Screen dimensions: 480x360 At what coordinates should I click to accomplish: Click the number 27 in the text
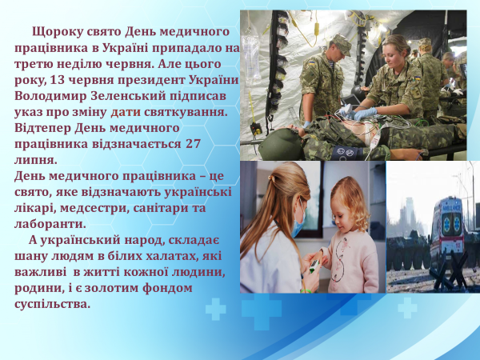click(x=193, y=143)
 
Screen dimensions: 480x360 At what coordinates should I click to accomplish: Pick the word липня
click(x=36, y=160)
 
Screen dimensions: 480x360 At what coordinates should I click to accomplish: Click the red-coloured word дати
click(x=126, y=112)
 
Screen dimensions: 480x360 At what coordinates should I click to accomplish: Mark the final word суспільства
click(x=53, y=304)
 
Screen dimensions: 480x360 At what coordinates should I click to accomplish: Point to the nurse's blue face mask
click(x=298, y=218)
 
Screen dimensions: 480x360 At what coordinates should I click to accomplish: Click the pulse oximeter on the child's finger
click(x=313, y=266)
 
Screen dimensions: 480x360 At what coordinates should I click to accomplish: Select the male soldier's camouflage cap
click(x=342, y=44)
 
